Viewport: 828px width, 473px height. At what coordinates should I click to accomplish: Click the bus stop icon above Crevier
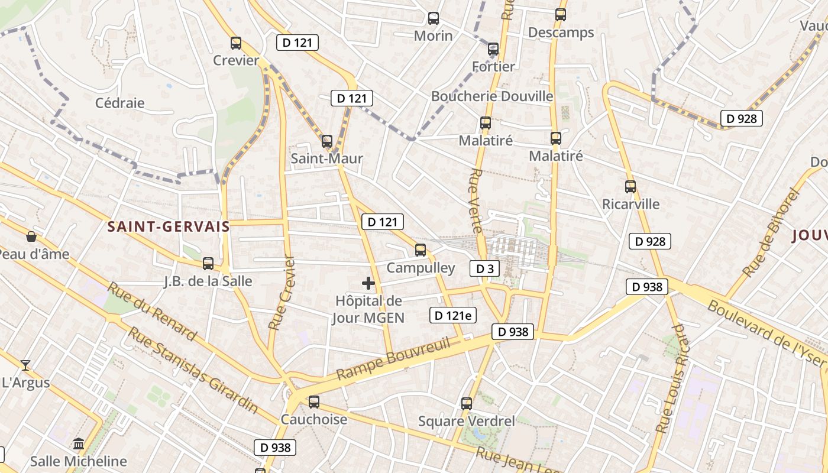(x=236, y=43)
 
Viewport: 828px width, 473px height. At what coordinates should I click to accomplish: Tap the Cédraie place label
(x=120, y=103)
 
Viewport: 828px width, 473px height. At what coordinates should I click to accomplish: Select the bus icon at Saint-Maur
(x=327, y=141)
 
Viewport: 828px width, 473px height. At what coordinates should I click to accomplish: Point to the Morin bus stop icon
(x=434, y=18)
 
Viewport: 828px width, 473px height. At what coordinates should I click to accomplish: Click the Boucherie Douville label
(x=492, y=96)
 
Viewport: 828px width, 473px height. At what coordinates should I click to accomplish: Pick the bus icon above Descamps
(x=561, y=15)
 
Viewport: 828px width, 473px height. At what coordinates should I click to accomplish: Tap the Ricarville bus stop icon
(x=630, y=187)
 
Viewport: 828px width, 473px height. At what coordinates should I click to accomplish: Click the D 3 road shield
(x=485, y=269)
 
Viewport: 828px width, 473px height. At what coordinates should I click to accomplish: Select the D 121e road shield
(x=453, y=315)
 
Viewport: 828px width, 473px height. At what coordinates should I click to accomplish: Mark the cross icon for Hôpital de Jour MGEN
(x=368, y=283)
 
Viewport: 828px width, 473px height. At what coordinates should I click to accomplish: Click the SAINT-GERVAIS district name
(x=169, y=226)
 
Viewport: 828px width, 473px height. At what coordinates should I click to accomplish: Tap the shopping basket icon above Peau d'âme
(x=31, y=237)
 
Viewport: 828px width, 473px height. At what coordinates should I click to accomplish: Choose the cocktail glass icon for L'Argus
(x=25, y=365)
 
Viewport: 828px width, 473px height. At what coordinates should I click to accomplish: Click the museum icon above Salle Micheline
(x=79, y=443)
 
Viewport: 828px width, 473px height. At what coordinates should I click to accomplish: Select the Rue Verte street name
(x=476, y=201)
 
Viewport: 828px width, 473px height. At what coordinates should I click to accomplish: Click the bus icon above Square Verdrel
(x=467, y=404)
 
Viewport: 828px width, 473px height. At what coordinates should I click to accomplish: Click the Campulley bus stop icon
(x=421, y=250)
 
